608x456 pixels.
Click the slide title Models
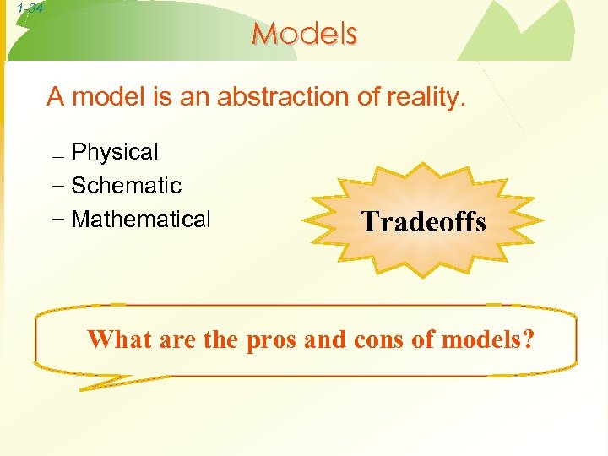[305, 33]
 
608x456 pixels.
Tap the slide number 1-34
[23, 8]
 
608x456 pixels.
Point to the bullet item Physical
[115, 152]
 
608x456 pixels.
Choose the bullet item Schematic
[127, 185]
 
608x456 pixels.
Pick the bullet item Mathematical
[141, 220]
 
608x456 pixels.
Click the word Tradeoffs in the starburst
[423, 222]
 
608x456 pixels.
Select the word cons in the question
[373, 339]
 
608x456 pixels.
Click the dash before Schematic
[57, 186]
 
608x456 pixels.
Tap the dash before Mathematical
[57, 220]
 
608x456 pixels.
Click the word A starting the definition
[56, 97]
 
